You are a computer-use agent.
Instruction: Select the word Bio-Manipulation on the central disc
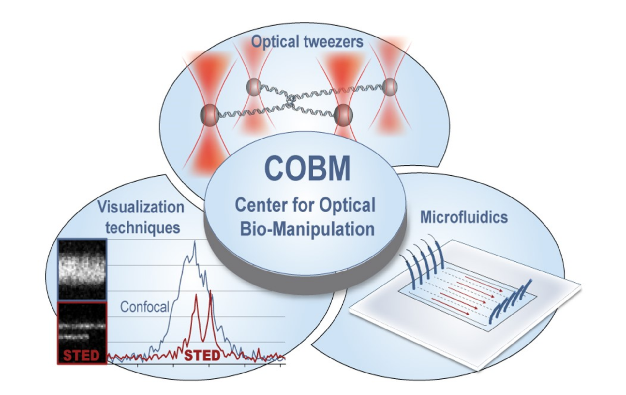pyautogui.click(x=307, y=229)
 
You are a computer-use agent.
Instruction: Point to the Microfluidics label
pyautogui.click(x=464, y=217)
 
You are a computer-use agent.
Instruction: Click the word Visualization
pyautogui.click(x=141, y=207)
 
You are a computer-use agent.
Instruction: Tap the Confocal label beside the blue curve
pyautogui.click(x=145, y=307)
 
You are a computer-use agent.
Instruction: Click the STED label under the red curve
pyautogui.click(x=202, y=356)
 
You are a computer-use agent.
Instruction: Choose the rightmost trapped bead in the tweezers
pyautogui.click(x=390, y=87)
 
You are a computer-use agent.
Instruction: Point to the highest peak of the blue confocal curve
pyautogui.click(x=195, y=241)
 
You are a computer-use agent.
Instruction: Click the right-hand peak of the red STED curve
pyautogui.click(x=211, y=291)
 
